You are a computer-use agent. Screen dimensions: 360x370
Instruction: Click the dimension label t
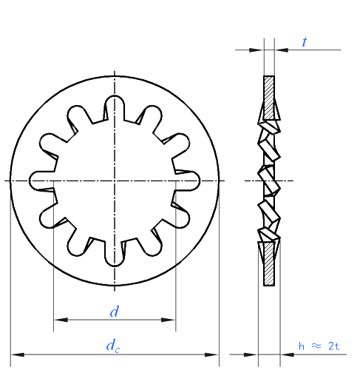(305, 42)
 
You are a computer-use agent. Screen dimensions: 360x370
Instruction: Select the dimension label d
(115, 312)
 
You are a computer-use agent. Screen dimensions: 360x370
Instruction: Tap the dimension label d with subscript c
(113, 346)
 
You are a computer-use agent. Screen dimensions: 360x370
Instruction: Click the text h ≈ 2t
(319, 346)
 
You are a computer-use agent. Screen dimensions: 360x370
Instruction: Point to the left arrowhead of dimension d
(61, 320)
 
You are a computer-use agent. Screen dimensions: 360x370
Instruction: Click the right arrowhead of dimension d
(169, 320)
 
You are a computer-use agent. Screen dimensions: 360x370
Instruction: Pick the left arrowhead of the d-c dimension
(18, 354)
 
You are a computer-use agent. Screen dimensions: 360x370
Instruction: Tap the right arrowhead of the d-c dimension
(211, 354)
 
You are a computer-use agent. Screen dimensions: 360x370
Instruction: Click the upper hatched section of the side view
(269, 98)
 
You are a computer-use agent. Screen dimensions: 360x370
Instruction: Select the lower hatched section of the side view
(269, 263)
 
